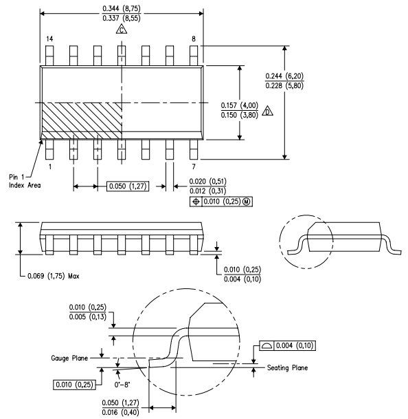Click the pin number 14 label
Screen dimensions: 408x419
[x=49, y=39]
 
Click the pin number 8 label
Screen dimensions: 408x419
[x=194, y=39]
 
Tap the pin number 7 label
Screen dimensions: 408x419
[x=194, y=166]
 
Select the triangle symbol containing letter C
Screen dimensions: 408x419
[x=122, y=30]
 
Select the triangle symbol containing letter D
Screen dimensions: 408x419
[x=267, y=111]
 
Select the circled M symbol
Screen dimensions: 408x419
[x=247, y=202]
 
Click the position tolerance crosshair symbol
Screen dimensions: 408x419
[x=196, y=202]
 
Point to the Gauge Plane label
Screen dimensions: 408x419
[x=69, y=358]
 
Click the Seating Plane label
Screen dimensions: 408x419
[x=287, y=368]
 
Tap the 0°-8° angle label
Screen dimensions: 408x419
[x=122, y=385]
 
